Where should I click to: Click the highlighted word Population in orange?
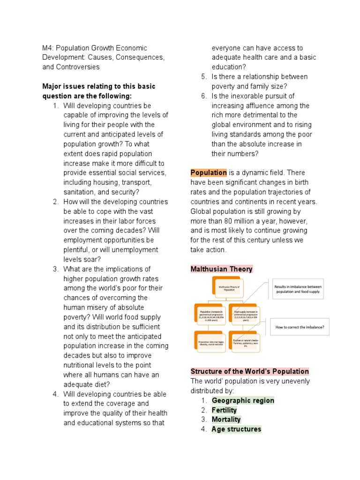pyautogui.click(x=209, y=172)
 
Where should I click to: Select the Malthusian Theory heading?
pyautogui.click(x=221, y=269)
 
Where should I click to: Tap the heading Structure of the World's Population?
pyautogui.click(x=249, y=371)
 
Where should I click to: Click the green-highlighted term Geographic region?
pyautogui.click(x=243, y=400)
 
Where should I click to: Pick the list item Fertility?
pyautogui.click(x=224, y=410)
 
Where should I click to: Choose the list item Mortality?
pyautogui.click(x=226, y=420)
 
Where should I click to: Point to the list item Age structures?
pyautogui.click(x=236, y=429)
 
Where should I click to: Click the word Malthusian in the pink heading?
pyautogui.click(x=209, y=269)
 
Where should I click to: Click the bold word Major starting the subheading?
pyautogui.click(x=52, y=86)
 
